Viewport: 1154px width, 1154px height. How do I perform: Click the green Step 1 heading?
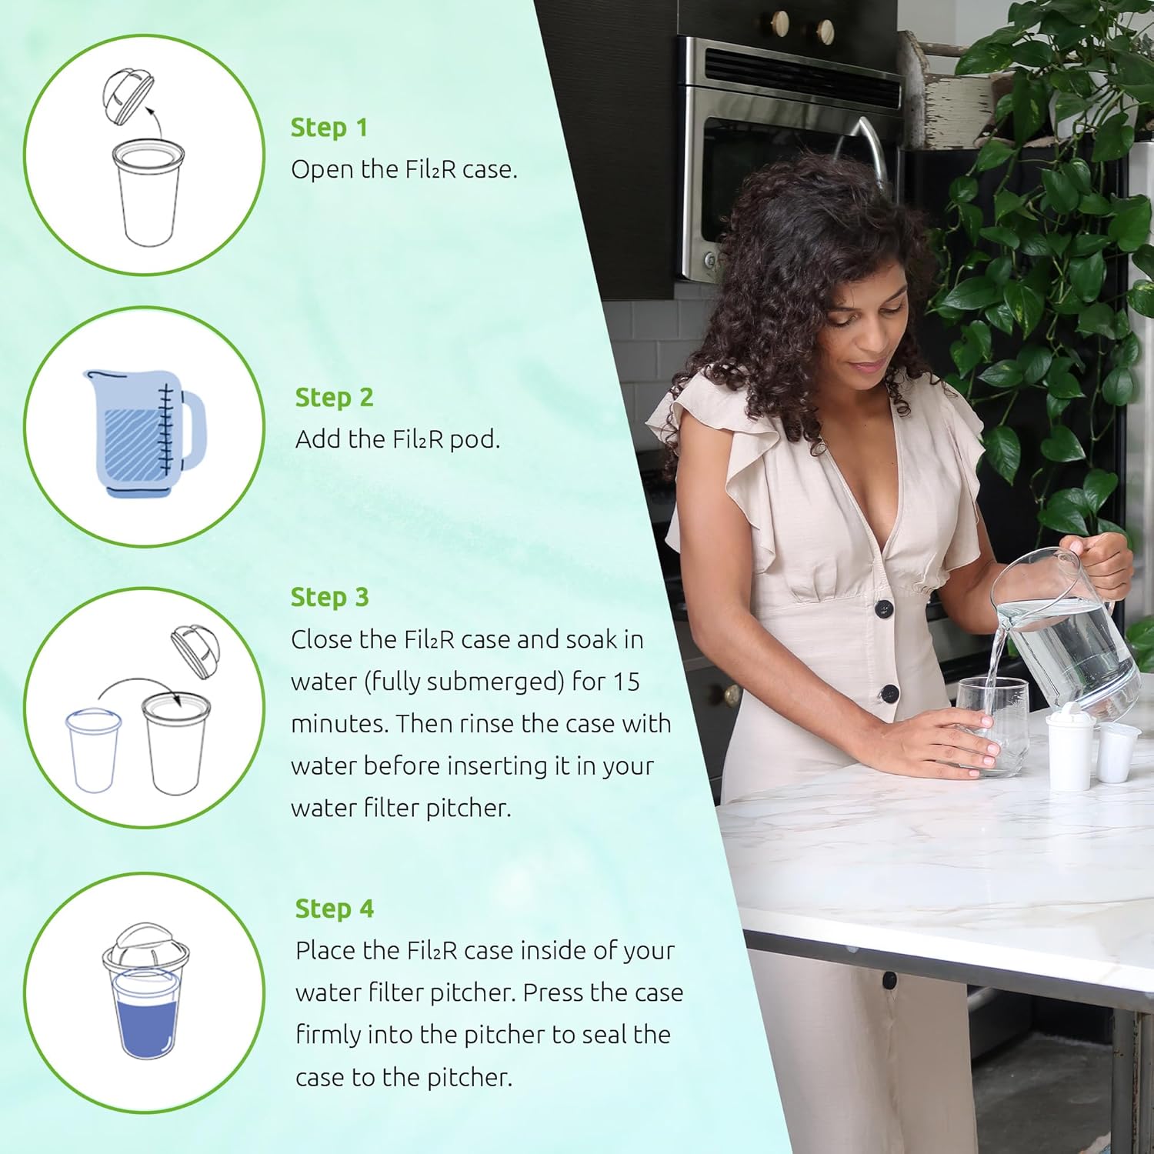(329, 128)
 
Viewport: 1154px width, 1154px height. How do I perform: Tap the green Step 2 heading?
(334, 398)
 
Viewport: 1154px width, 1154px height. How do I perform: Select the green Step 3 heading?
(329, 597)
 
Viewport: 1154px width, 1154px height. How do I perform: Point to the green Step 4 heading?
(334, 909)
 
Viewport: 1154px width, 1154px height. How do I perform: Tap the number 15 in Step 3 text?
(626, 682)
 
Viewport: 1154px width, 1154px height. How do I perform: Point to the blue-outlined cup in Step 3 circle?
(93, 750)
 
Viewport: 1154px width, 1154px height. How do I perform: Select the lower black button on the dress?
(890, 692)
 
